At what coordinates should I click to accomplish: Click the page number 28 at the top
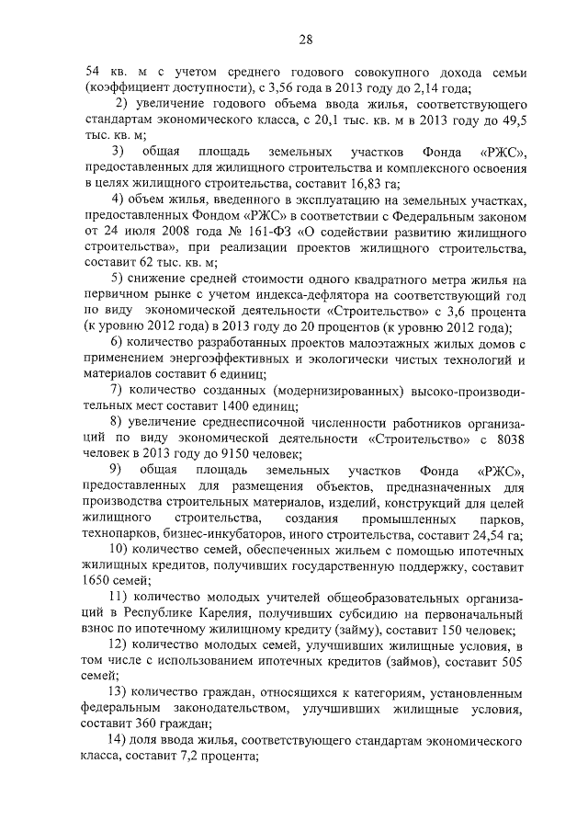(306, 39)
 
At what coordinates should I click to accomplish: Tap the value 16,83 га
(300, 185)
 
